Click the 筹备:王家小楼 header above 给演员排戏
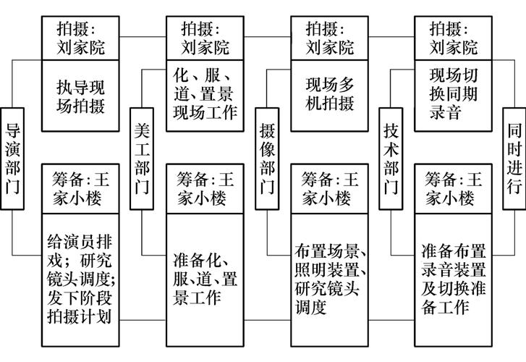pos(80,188)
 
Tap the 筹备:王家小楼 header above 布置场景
pos(329,188)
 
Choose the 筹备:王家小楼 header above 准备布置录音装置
pos(454,188)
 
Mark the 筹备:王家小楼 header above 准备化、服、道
pos(205,188)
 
